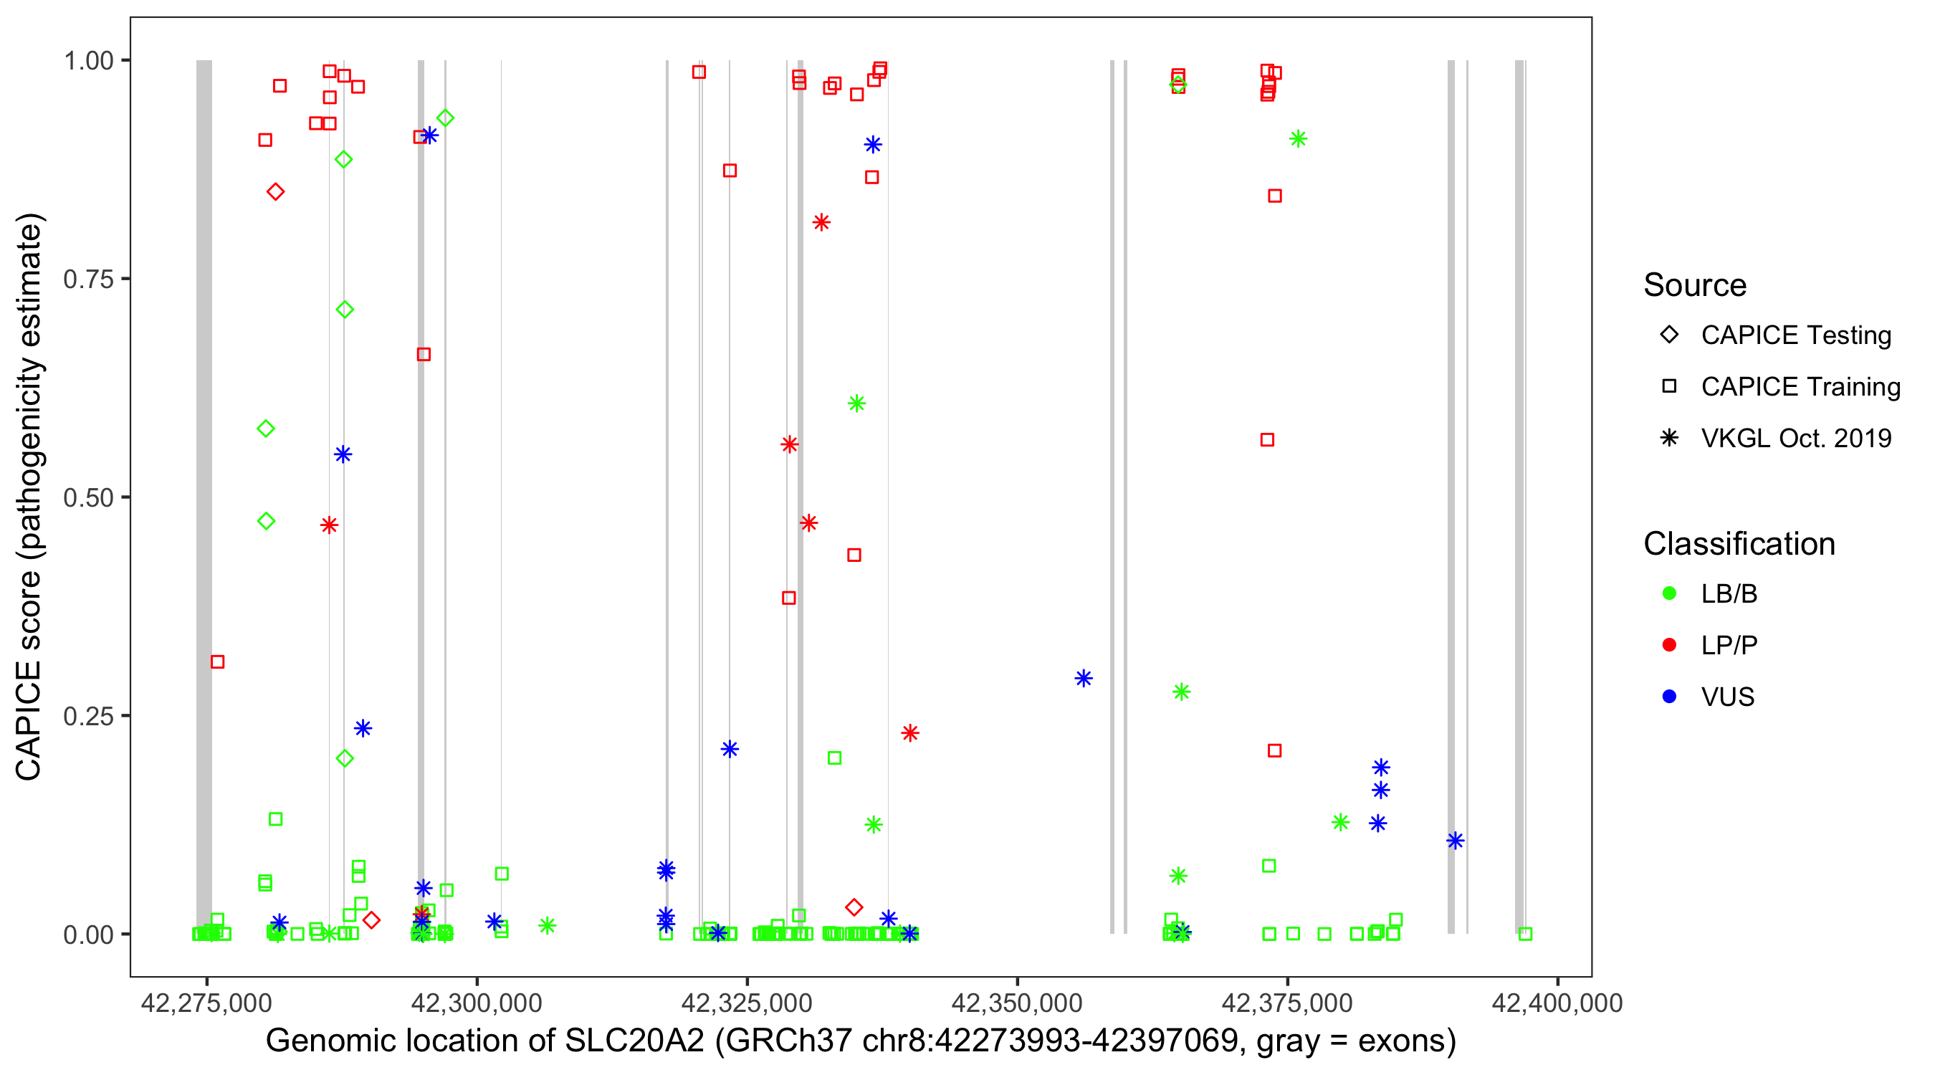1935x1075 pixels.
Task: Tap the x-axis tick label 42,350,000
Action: pos(1016,1003)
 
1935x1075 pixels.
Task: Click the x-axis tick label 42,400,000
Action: pos(1557,1003)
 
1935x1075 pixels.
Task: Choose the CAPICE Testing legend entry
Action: pos(1795,335)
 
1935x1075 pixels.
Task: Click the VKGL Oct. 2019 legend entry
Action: pos(1795,438)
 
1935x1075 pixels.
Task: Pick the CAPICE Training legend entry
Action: pos(1800,387)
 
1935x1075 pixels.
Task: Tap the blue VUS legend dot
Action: pos(1669,697)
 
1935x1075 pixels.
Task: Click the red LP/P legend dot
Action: pos(1669,645)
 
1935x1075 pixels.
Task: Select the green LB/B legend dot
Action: pos(1669,593)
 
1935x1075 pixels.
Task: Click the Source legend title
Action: pos(1695,285)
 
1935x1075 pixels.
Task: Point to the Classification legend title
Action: pos(1739,544)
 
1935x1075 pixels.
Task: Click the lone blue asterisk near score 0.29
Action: pos(1083,679)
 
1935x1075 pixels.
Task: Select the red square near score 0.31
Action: pos(218,661)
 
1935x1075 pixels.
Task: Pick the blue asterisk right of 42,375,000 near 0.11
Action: pos(1455,841)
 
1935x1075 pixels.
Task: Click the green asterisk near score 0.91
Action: pos(1298,139)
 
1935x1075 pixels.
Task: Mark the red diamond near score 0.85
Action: pos(276,192)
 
